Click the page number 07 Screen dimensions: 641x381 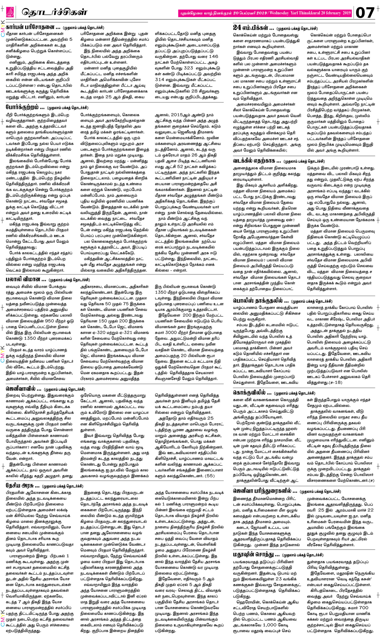click(365, 13)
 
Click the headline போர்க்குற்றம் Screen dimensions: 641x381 click(25, 107)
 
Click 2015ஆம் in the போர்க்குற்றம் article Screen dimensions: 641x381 click(181, 115)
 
